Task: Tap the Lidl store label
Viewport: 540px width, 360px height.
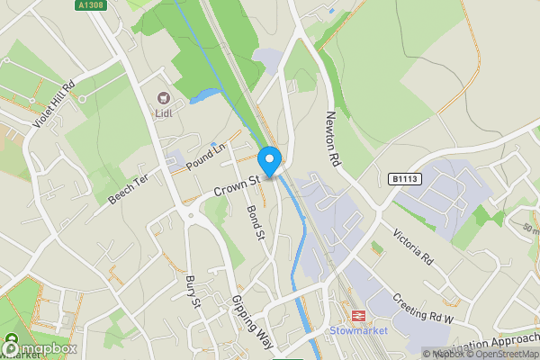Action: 163,114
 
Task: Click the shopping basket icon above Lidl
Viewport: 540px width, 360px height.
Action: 163,98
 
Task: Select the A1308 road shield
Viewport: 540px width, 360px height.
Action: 87,5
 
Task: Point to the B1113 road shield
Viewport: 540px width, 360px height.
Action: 405,180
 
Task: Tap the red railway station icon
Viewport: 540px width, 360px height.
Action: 356,316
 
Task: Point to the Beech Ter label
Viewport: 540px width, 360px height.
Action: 128,188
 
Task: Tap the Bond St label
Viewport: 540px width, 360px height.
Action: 255,221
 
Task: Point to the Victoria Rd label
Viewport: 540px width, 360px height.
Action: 413,245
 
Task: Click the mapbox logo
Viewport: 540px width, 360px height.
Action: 40,348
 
